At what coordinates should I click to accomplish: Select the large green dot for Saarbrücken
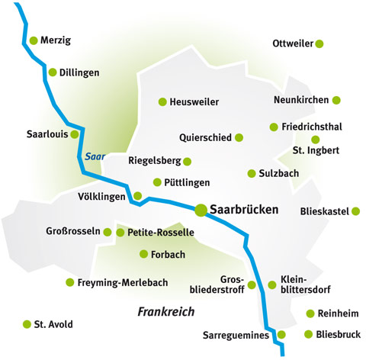tap(201, 208)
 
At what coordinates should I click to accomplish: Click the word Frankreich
tap(166, 311)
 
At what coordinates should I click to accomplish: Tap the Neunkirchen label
tap(301, 100)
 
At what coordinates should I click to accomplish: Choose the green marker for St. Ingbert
tap(316, 140)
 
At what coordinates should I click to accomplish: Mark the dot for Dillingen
tap(53, 72)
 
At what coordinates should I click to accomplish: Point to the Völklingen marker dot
tap(138, 196)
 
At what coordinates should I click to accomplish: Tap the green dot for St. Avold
tap(28, 324)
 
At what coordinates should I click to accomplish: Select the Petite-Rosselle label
tap(161, 232)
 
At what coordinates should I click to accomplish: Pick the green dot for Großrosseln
tap(108, 232)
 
